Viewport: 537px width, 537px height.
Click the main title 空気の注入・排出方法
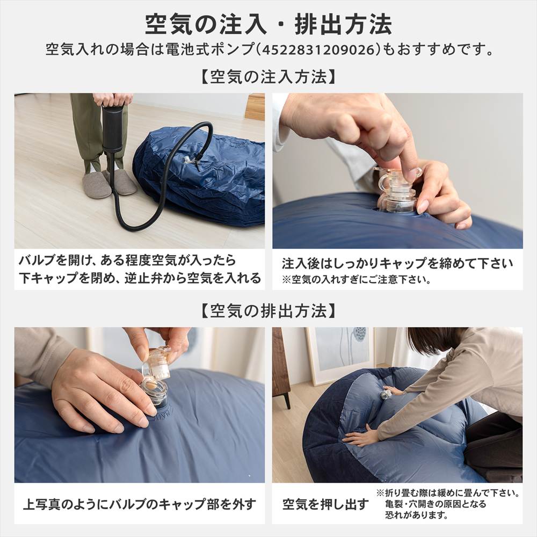268,24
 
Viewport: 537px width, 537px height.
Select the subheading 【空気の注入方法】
268,77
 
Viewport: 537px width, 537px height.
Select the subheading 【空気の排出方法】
268,310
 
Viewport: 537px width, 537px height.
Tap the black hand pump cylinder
112,129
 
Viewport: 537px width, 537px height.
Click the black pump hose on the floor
161,177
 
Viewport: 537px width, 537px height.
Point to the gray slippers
107,183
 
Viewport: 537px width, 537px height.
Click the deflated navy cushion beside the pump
215,177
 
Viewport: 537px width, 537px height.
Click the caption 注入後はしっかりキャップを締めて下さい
397,264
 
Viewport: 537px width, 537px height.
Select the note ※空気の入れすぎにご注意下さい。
358,280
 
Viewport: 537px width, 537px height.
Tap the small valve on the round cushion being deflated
386,395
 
